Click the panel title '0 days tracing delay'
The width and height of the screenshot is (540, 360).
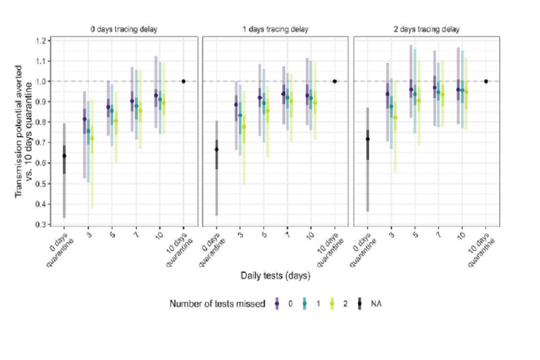click(x=124, y=29)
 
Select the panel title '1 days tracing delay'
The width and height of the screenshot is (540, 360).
click(x=277, y=29)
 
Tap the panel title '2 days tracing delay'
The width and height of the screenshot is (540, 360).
click(x=428, y=29)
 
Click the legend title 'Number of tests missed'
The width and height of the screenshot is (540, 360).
click(x=217, y=304)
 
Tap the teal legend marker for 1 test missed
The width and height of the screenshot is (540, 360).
click(x=304, y=304)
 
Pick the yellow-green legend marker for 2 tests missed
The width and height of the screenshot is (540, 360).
click(x=331, y=304)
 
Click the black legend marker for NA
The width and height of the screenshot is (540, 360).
click(x=359, y=304)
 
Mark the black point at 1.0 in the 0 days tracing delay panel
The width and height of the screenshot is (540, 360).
click(x=183, y=82)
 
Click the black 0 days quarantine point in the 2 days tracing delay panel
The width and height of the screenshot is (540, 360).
click(x=368, y=139)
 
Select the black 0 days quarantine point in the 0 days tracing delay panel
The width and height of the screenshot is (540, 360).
click(x=64, y=156)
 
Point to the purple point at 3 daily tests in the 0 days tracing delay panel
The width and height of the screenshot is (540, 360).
click(x=84, y=119)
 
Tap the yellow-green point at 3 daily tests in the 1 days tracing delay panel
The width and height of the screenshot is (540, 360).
click(x=244, y=127)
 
